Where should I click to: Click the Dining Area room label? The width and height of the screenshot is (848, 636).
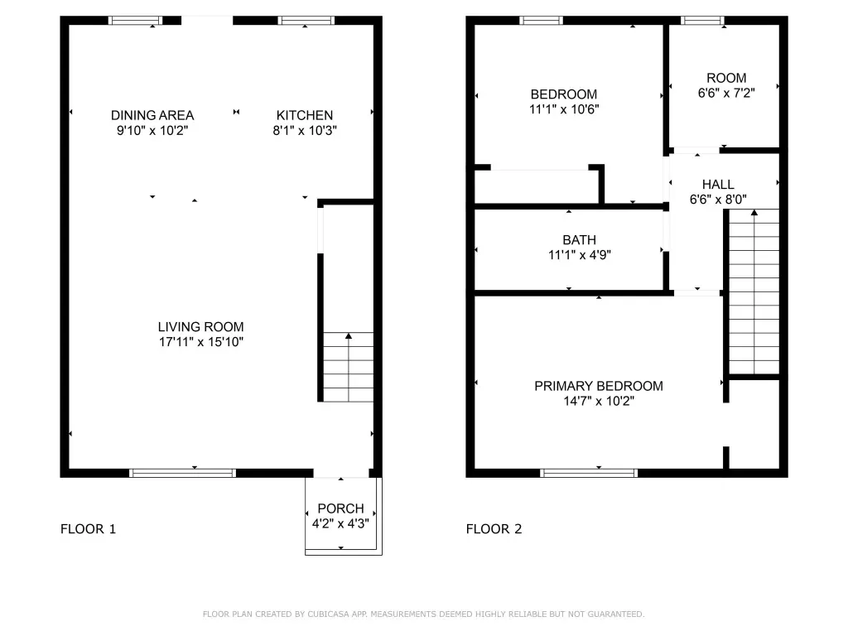[152, 115]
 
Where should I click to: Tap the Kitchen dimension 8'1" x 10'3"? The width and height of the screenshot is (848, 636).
[305, 130]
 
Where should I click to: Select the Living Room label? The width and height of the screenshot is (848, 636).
[200, 326]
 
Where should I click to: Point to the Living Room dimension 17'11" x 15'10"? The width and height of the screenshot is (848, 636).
[200, 342]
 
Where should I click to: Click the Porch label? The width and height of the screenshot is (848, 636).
[340, 508]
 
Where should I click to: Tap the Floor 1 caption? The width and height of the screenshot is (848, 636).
[88, 529]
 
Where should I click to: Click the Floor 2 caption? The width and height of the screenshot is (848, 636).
[494, 529]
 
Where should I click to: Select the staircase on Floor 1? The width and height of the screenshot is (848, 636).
[349, 367]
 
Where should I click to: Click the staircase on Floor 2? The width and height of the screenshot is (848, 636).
[754, 291]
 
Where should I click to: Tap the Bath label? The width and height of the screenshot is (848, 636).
[579, 239]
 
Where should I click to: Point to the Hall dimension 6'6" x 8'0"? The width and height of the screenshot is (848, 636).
[718, 200]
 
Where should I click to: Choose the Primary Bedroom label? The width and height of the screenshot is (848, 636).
[599, 386]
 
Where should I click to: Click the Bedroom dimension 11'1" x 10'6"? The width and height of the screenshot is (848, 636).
[564, 109]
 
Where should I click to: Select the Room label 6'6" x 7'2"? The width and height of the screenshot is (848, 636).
[726, 78]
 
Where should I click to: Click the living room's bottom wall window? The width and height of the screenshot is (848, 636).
[183, 473]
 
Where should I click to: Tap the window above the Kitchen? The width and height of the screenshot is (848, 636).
[306, 21]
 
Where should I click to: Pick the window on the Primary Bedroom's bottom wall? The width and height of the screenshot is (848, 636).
[589, 473]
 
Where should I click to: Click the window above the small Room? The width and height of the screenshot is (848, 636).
[702, 21]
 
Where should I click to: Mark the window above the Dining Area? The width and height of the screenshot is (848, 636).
[135, 21]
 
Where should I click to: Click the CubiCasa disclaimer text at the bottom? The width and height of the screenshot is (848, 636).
[423, 614]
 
